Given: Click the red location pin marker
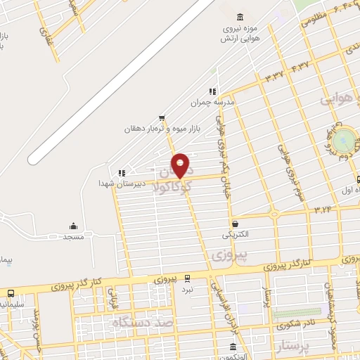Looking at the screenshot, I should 181,165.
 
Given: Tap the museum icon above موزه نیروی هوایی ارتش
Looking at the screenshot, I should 240,16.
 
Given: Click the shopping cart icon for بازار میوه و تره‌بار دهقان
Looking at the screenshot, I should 162,117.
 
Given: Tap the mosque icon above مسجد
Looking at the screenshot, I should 73,226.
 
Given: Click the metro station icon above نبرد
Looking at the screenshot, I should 187,278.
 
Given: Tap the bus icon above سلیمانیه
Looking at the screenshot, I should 11,293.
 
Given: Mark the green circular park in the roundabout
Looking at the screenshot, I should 344,141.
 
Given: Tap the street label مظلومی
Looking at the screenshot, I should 313,19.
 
